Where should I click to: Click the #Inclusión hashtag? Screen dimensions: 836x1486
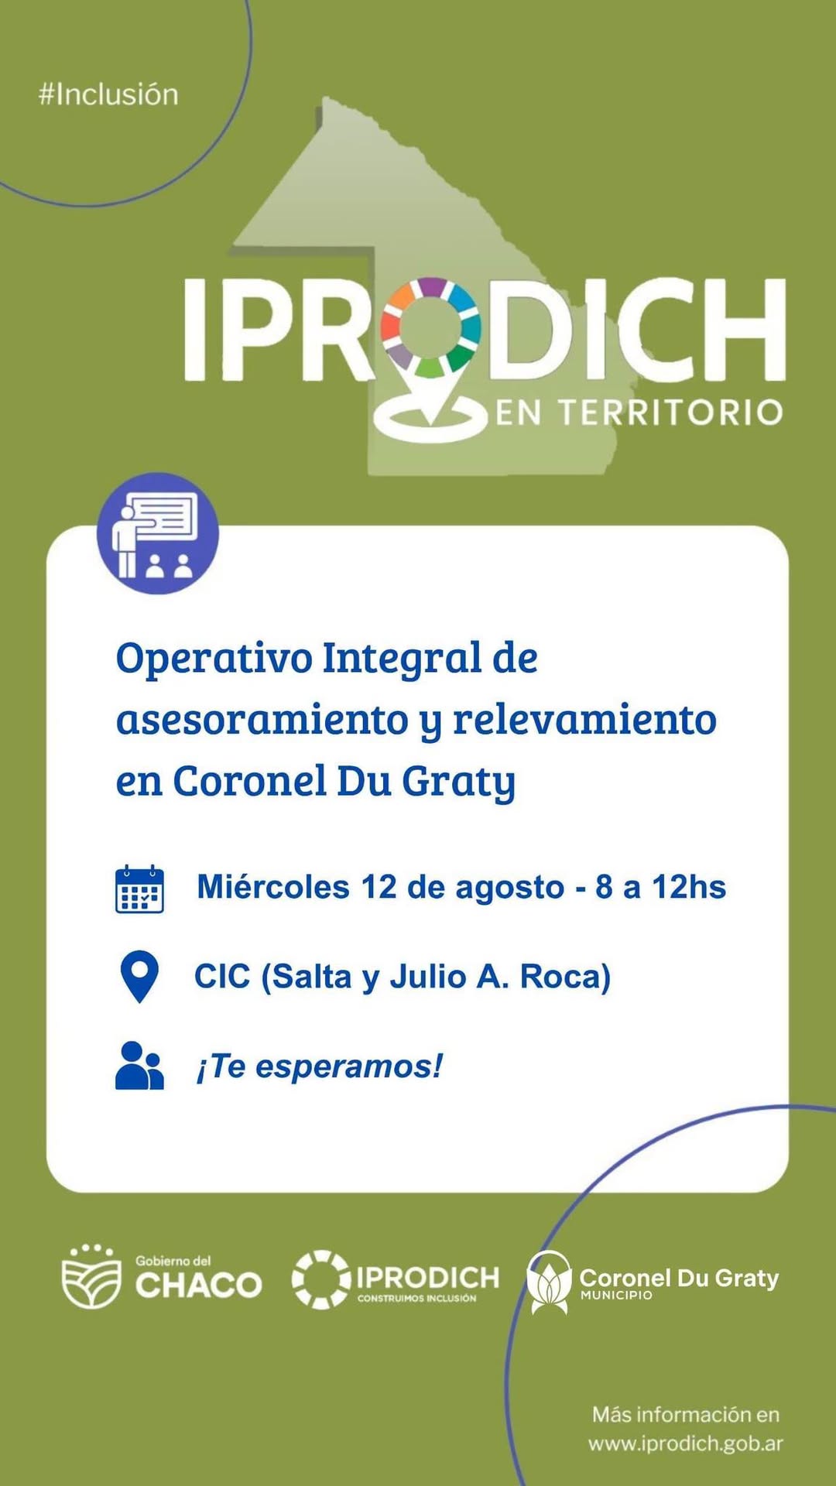[x=108, y=94]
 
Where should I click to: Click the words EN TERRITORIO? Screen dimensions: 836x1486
[x=639, y=413]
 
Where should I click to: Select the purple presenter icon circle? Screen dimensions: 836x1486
[x=158, y=533]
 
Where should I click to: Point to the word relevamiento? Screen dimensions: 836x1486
[x=584, y=720]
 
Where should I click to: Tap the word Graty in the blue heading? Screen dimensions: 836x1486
[x=458, y=782]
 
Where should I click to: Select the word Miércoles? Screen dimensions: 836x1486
[x=273, y=887]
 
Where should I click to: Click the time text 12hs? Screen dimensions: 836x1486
[x=688, y=887]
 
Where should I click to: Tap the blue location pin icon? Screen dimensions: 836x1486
[x=139, y=977]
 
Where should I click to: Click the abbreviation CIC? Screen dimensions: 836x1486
[x=222, y=977]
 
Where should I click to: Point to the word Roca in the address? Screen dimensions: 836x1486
[x=565, y=978]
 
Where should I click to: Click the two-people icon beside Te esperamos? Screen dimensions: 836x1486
[x=139, y=1066]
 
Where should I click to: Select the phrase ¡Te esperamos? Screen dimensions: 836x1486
[x=320, y=1067]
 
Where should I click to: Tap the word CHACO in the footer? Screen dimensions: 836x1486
[x=199, y=1286]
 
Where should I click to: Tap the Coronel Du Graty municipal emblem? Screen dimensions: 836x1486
[x=549, y=1282]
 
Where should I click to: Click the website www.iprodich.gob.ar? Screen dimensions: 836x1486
[x=686, y=1444]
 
